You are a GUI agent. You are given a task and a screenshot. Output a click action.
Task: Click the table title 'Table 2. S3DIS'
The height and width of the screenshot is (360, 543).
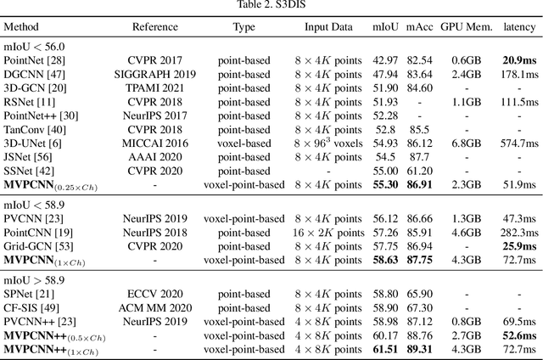pos(271,6)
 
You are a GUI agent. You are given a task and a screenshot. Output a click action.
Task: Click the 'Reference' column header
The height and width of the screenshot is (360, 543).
pos(155,27)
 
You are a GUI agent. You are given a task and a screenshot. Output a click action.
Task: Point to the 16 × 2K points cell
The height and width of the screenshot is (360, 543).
pos(328,232)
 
